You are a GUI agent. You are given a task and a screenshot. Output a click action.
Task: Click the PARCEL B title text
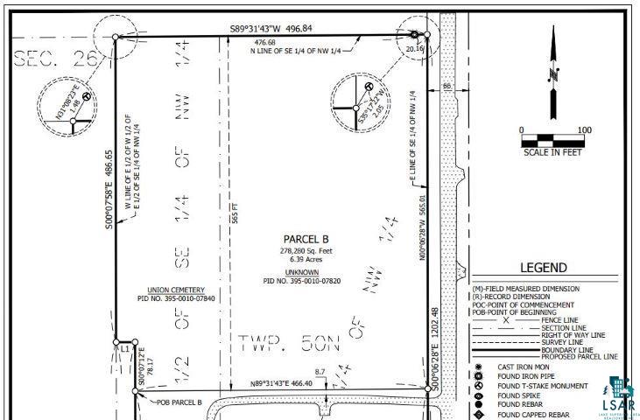pyautogui.click(x=306, y=239)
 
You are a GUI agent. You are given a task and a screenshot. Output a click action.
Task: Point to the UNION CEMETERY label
pyautogui.click(x=177, y=290)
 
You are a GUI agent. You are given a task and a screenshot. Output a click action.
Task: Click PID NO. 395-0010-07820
pyautogui.click(x=303, y=281)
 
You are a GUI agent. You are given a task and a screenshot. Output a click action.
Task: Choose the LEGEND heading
pyautogui.click(x=544, y=269)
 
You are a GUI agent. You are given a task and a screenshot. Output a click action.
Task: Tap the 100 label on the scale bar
pyautogui.click(x=584, y=130)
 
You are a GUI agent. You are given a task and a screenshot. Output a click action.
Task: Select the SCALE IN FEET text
pyautogui.click(x=552, y=152)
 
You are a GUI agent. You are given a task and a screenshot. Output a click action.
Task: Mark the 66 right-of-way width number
pyautogui.click(x=447, y=86)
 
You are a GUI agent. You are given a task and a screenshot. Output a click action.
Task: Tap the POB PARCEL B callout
pyautogui.click(x=179, y=402)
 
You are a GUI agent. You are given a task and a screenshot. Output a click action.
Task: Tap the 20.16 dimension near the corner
pyautogui.click(x=414, y=50)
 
